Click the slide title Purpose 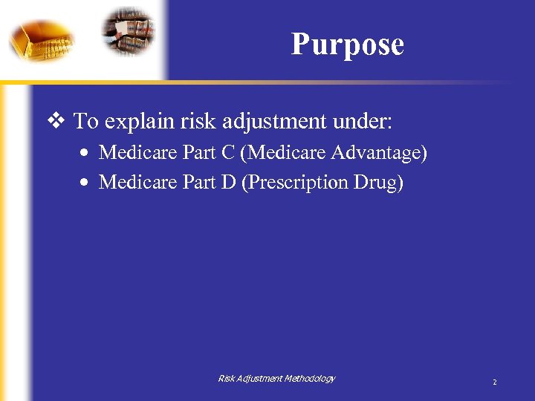(x=347, y=45)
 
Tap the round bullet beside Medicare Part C (x=86, y=154)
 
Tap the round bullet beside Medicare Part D (x=86, y=183)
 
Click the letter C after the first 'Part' (x=228, y=153)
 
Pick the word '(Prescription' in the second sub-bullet (x=295, y=182)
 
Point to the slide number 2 (x=494, y=382)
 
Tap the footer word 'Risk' (x=226, y=379)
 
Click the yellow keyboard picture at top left (x=42, y=39)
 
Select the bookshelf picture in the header (x=129, y=30)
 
